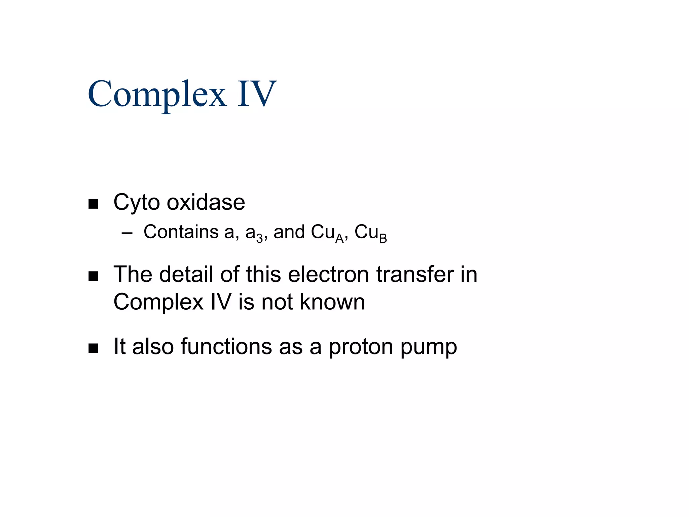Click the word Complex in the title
click(x=157, y=94)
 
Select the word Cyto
click(x=137, y=203)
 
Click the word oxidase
click(x=206, y=202)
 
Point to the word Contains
click(x=181, y=232)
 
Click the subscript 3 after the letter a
click(x=259, y=239)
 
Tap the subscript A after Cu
click(x=339, y=239)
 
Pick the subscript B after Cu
click(x=383, y=239)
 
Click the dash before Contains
click(x=127, y=233)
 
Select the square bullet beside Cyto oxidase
click(x=93, y=204)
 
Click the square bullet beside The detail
click(x=93, y=276)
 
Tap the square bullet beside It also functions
click(x=93, y=348)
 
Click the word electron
click(x=328, y=274)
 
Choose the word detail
click(x=186, y=274)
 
